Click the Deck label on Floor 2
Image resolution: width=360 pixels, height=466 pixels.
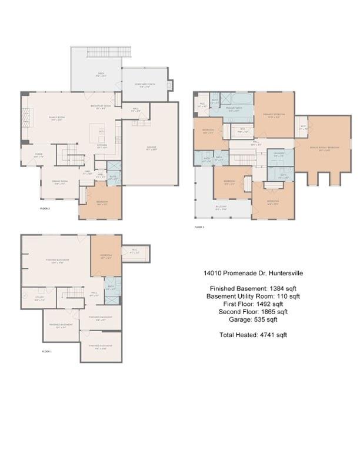pyautogui.click(x=101, y=75)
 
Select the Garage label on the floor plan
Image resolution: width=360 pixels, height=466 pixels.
pyautogui.click(x=152, y=148)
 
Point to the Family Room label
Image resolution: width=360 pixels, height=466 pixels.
pyautogui.click(x=56, y=118)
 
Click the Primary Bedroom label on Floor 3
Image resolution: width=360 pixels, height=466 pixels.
pyautogui.click(x=274, y=114)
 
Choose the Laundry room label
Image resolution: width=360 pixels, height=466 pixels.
pyautogui.click(x=279, y=155)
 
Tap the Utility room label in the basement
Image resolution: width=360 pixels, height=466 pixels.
pyautogui.click(x=39, y=298)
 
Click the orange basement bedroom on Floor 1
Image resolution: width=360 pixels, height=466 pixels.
pyautogui.click(x=106, y=256)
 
